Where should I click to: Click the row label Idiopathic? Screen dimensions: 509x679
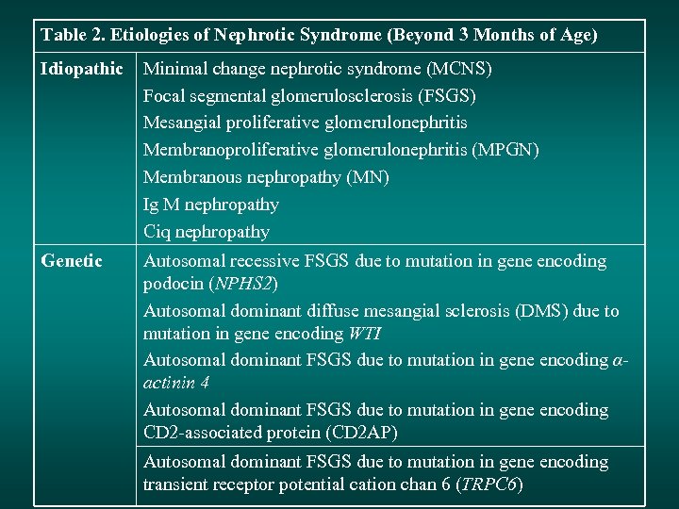82,69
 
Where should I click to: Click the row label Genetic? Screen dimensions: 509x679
72,261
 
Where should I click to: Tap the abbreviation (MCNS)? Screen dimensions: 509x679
459,69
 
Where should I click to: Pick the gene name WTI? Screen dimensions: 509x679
365,334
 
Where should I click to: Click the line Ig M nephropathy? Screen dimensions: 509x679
211,205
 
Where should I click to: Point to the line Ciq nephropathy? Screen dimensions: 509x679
207,232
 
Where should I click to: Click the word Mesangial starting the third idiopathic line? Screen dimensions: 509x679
183,123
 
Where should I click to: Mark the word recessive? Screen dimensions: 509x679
257,261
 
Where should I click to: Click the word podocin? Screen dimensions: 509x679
173,284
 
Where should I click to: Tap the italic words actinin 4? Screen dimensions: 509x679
176,383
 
